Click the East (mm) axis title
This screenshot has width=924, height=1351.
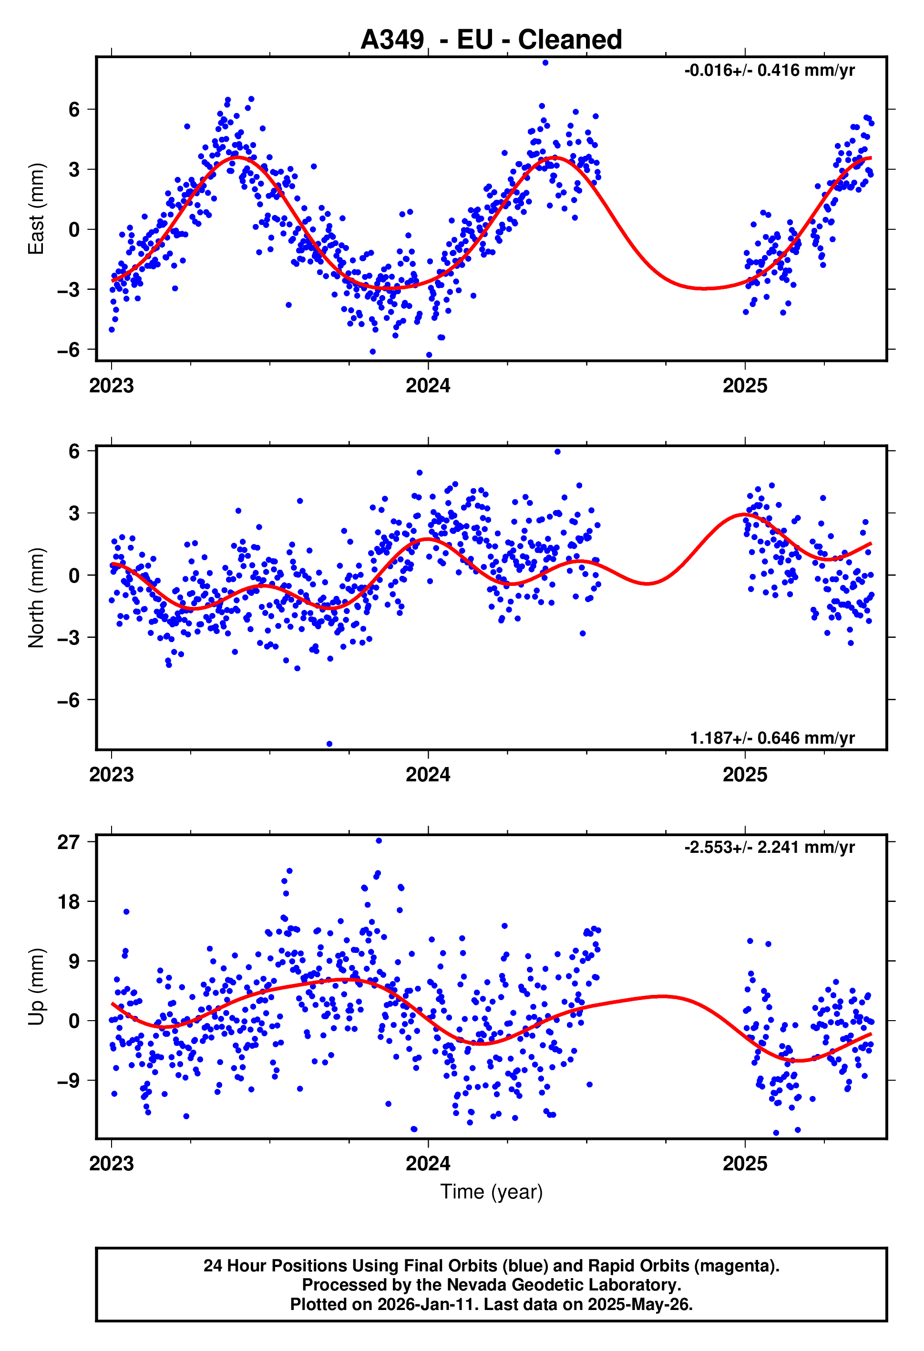tap(36, 209)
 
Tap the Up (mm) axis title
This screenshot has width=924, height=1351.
tap(36, 986)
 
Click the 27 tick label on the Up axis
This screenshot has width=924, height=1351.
tap(68, 842)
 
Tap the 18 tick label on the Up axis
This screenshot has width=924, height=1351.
tap(68, 901)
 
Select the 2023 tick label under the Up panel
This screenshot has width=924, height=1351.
tap(111, 1163)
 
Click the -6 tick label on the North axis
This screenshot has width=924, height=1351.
tap(68, 700)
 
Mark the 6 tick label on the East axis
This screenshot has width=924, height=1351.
tap(74, 109)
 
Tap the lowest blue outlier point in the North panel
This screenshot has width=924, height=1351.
tap(329, 744)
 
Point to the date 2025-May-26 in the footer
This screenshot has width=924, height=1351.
tap(639, 1304)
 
